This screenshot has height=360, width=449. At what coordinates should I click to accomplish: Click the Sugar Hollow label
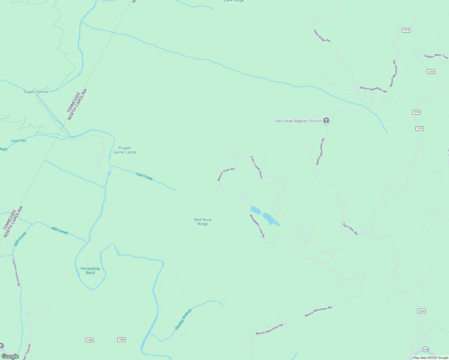coord(36,91)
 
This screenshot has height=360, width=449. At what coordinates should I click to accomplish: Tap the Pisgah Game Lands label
coord(125,150)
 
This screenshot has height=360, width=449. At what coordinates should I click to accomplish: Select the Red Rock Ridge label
coord(203,222)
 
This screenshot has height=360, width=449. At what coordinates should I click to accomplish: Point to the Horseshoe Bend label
coord(90,271)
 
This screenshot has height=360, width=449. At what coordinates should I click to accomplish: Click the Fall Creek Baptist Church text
coord(298,121)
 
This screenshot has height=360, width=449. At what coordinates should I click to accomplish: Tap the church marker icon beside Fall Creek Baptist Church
coord(326,121)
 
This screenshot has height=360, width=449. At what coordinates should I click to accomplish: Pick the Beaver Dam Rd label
coord(226,174)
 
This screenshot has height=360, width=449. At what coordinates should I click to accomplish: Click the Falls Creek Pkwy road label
coord(257,167)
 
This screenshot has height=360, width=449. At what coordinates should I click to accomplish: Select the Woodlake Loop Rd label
coord(257,226)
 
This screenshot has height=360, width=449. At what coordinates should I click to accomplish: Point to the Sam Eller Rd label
coord(350,229)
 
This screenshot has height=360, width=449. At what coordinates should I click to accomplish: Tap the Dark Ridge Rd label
coord(322,36)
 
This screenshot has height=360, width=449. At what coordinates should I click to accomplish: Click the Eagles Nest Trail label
coord(436,56)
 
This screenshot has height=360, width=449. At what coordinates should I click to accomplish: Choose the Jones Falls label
coord(19,141)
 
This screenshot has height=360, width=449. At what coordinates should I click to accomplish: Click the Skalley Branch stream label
coord(183,319)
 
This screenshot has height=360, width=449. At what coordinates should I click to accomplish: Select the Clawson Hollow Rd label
coord(16,272)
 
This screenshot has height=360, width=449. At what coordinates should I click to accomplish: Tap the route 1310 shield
coord(421,311)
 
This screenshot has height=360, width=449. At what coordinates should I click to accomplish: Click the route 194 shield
coord(426,349)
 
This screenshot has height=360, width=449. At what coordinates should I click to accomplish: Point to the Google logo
coord(10,356)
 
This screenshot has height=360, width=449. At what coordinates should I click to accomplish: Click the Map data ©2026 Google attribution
coord(430,358)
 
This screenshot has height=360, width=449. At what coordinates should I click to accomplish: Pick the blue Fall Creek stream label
coord(144,176)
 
